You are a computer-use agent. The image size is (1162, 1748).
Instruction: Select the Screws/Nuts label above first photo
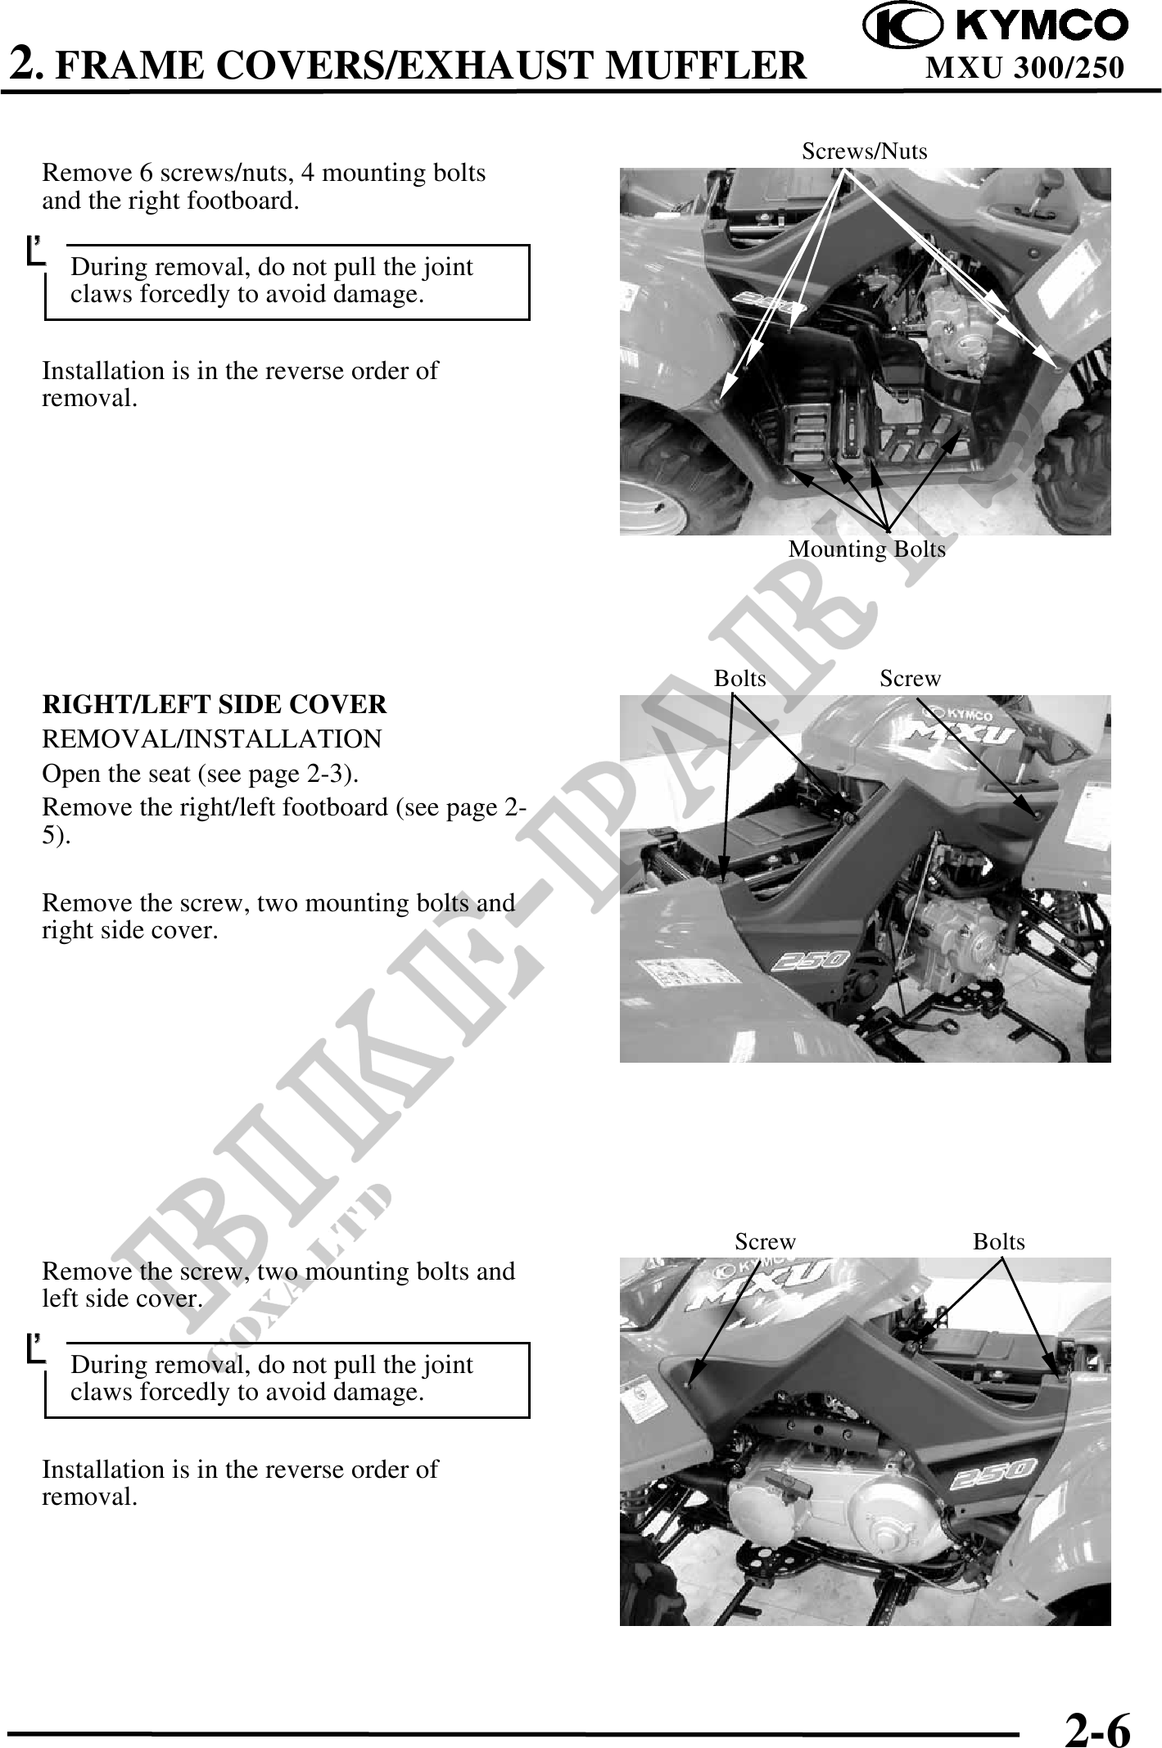(x=865, y=151)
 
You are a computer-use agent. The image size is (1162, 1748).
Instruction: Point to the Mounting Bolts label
(x=866, y=549)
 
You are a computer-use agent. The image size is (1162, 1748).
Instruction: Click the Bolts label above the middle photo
(x=740, y=679)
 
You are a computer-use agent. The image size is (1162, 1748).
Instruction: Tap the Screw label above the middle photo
(x=911, y=679)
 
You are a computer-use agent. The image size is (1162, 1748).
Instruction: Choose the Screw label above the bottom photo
(x=765, y=1242)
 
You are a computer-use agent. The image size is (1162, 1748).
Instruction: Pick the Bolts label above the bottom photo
(x=999, y=1242)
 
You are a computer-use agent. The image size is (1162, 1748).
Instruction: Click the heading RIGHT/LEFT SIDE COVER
(x=215, y=705)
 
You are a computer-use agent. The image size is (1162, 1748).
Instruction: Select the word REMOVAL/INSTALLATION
(x=212, y=739)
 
